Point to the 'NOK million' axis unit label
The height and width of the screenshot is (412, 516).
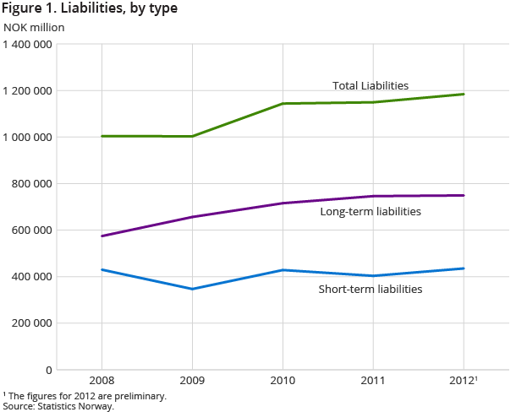click(34, 26)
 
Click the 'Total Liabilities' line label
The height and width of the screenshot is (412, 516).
click(370, 85)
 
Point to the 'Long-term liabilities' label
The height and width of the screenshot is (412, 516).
click(370, 212)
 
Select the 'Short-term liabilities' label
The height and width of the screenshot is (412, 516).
click(370, 289)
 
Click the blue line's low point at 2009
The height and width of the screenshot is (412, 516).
click(192, 289)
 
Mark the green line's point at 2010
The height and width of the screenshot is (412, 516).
click(283, 104)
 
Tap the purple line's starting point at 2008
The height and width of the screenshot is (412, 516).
click(102, 236)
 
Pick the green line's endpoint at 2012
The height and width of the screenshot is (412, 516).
click(464, 94)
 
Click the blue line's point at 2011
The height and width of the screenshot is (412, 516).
click(373, 275)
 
